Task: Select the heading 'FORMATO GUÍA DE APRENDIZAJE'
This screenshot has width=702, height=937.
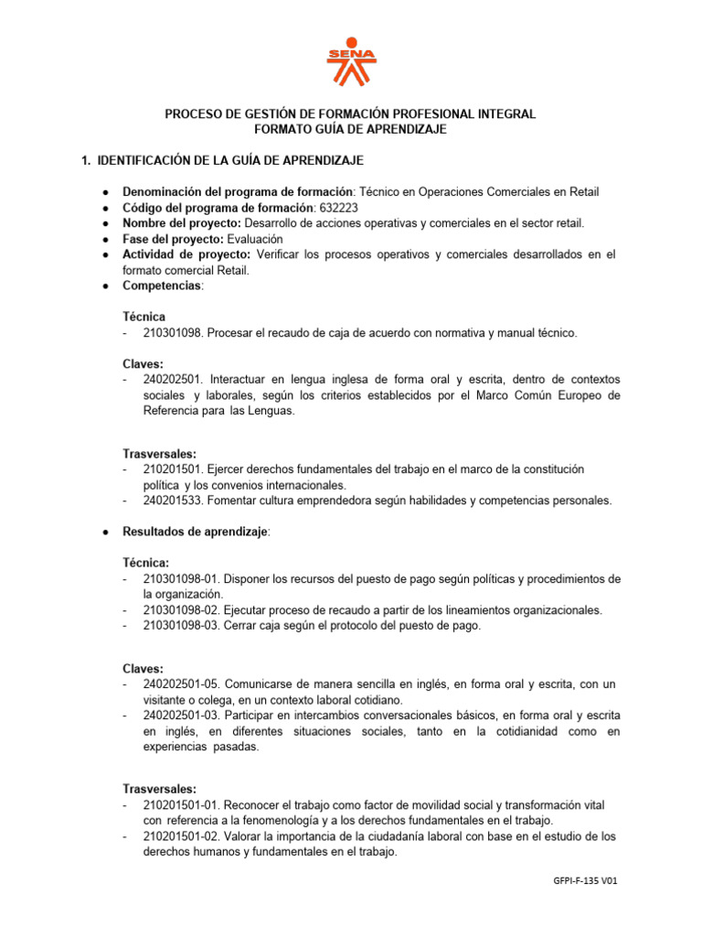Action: click(350, 130)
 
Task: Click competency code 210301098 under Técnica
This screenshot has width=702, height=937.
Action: click(172, 334)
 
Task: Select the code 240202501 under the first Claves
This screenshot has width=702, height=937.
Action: click(172, 380)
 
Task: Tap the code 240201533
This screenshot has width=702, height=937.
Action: click(172, 501)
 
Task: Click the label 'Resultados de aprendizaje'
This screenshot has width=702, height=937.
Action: click(196, 532)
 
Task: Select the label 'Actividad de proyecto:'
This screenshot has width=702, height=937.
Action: click(186, 254)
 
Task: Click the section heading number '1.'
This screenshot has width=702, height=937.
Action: click(87, 161)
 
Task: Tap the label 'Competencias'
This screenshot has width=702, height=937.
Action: click(162, 285)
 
